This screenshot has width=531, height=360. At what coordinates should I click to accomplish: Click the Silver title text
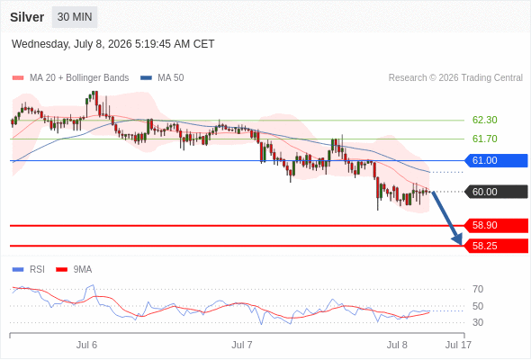[27, 17]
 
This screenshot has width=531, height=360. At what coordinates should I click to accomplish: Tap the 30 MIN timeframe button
[75, 17]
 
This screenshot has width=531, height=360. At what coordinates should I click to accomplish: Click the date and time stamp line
[112, 44]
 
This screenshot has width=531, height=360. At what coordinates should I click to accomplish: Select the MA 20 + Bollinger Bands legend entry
[70, 78]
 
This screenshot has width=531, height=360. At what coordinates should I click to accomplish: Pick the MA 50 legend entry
[162, 78]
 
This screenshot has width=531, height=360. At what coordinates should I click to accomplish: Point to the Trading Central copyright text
[455, 78]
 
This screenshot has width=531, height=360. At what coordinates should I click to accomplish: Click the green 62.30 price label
[484, 120]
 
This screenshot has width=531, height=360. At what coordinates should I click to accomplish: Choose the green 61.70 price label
[484, 139]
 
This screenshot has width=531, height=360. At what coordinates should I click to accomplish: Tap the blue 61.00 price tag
[495, 160]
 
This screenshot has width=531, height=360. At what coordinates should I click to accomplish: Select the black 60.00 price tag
[495, 192]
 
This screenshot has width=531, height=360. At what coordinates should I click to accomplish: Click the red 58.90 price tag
[495, 225]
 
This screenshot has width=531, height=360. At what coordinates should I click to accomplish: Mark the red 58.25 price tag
[495, 246]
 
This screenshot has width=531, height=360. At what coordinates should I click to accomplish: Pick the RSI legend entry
[29, 270]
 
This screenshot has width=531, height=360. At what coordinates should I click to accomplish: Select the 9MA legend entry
[74, 270]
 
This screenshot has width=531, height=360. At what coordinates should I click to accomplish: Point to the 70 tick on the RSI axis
[478, 289]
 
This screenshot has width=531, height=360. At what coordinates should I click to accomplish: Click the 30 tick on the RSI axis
[478, 322]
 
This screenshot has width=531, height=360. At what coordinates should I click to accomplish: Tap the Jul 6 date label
[86, 345]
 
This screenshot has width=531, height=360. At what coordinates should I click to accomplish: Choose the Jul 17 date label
[458, 345]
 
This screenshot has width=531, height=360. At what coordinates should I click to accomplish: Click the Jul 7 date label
[242, 345]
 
